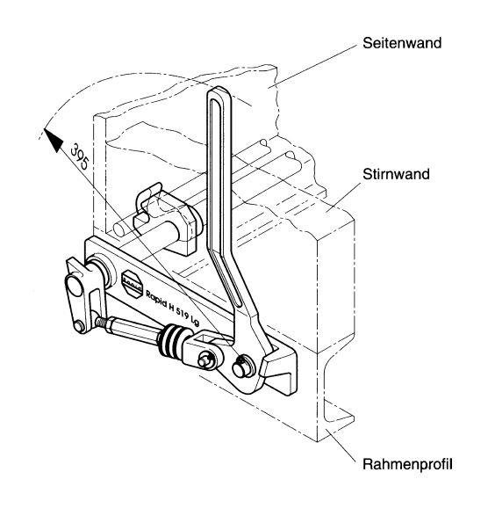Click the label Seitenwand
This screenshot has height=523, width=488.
402,43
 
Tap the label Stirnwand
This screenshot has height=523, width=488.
396,174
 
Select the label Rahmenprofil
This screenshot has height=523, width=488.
407,464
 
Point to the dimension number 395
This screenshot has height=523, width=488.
80,156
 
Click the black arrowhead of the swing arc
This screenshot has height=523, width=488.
54,140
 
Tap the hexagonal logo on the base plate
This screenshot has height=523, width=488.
132,283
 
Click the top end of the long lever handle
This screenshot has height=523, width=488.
219,91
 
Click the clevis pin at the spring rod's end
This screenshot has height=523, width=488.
206,360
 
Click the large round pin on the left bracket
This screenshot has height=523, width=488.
74,286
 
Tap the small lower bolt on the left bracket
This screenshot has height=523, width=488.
79,326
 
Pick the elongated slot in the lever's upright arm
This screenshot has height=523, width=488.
219,200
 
